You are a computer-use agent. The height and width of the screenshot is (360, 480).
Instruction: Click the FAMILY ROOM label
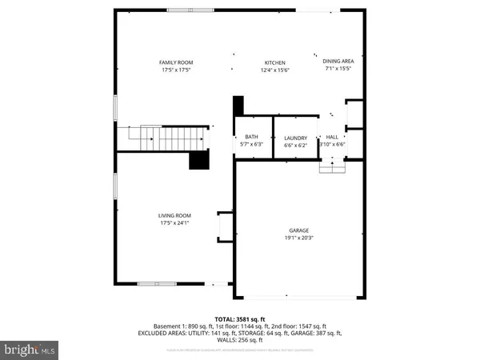pyautogui.click(x=175, y=62)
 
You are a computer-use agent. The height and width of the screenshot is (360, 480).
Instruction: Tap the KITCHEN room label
pyautogui.click(x=275, y=62)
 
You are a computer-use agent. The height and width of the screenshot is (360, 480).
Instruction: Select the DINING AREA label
pyautogui.click(x=338, y=61)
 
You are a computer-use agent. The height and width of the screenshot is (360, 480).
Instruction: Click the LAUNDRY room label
pyautogui.click(x=295, y=138)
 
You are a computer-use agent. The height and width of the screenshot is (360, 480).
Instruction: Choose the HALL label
pyautogui.click(x=332, y=138)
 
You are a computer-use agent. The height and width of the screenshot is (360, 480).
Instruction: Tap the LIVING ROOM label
pyautogui.click(x=174, y=215)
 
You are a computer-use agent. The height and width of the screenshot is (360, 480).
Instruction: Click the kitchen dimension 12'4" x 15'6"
pyautogui.click(x=275, y=70)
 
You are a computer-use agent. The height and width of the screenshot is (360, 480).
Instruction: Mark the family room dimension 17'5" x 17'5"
pyautogui.click(x=175, y=70)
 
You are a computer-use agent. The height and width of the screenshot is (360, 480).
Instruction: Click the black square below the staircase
pyautogui.click(x=199, y=161)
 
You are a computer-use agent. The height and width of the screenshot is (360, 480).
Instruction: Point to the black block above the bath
pyautogui.click(x=238, y=106)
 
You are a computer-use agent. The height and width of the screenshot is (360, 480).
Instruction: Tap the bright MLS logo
pyautogui.click(x=30, y=350)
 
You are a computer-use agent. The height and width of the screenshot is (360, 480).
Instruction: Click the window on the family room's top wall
pyautogui.click(x=190, y=10)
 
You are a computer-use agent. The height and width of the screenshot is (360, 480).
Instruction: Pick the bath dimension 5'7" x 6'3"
pyautogui.click(x=251, y=145)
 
